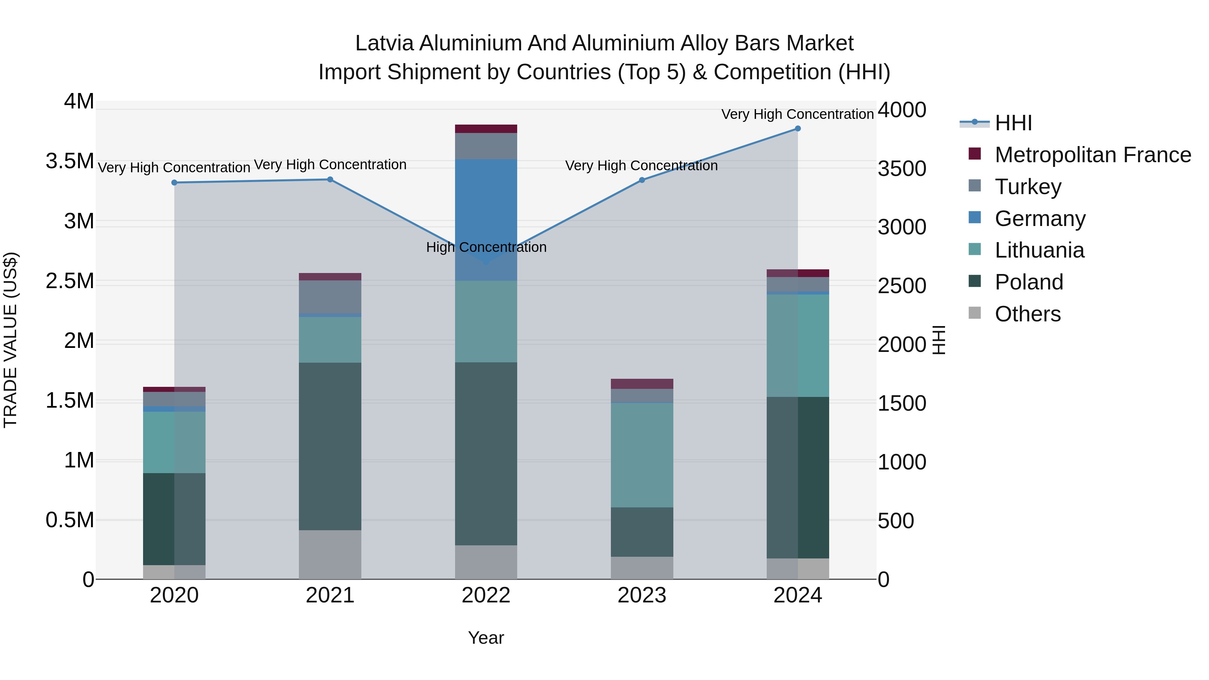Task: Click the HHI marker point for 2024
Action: [797, 129]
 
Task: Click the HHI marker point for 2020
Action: [174, 183]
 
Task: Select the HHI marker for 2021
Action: [330, 179]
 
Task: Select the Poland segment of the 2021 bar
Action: [330, 446]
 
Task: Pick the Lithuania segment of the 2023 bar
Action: [641, 454]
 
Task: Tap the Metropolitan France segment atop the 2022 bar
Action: [486, 129]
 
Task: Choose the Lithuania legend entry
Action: [1039, 250]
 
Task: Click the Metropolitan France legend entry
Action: [1092, 155]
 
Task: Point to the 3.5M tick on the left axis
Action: [70, 161]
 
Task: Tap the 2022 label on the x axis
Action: [486, 595]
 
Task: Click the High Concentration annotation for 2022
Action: [486, 247]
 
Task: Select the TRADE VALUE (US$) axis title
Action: [10, 340]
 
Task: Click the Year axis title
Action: [486, 638]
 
